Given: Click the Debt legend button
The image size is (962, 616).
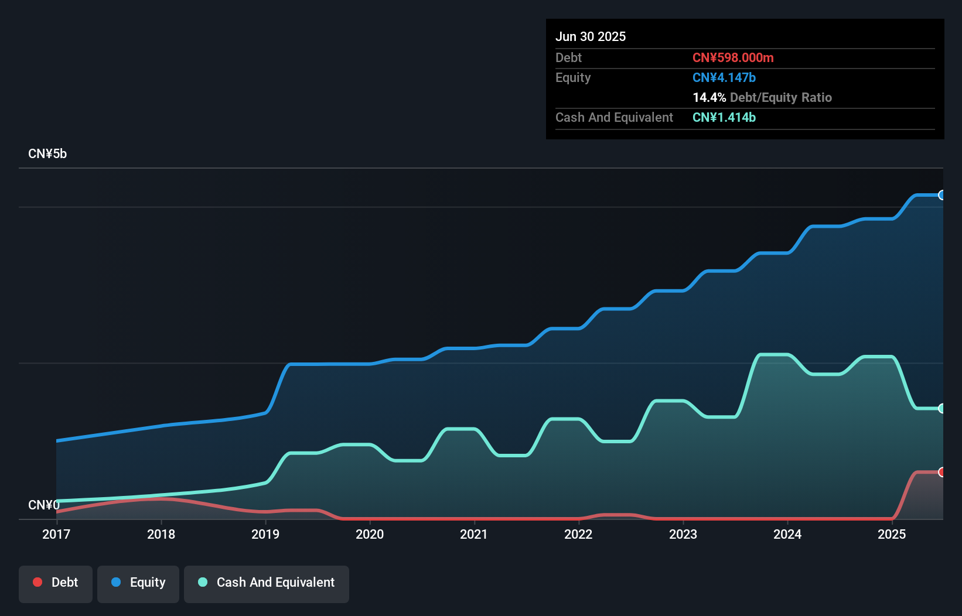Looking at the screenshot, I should pos(56,583).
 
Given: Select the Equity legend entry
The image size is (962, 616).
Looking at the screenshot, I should pos(138,583).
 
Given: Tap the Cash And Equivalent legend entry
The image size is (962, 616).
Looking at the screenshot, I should pos(267,583).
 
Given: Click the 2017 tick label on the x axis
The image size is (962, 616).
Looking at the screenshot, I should pos(56,534).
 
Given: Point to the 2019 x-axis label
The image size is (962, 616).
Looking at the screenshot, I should pos(265,534).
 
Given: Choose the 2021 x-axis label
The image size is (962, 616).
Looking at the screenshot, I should pos(474,534).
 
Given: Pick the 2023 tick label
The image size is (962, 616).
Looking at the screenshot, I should pos(683,534).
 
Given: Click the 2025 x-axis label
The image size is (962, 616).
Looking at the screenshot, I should pos(892,534).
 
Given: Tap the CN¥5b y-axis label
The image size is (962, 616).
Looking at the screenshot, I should pos(47,154).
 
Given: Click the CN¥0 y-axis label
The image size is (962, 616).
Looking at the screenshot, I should pos(43,505).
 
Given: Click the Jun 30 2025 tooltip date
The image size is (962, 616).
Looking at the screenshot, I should pos(591,37).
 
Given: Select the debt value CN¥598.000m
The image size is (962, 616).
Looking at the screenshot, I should pos(733,58).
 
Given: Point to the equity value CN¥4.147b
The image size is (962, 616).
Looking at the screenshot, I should pos(724,78).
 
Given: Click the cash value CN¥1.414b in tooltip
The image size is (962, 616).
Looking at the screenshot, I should pos(724,118).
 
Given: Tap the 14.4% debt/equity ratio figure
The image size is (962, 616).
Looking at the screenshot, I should pos(709,98).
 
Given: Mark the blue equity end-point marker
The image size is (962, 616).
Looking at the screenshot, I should pos(941,195).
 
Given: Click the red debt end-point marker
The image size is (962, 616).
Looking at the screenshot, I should pos(941,472).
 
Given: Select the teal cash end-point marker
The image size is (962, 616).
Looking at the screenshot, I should pos(941,408).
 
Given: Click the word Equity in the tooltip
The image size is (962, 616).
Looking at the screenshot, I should pos(573,78).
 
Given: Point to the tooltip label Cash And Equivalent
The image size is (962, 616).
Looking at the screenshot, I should pos(614,118).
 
